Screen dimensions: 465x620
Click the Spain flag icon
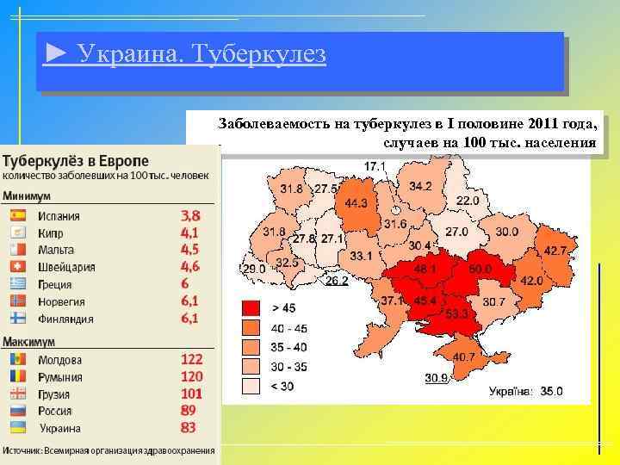click(17, 216)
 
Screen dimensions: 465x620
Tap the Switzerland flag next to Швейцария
click(17, 267)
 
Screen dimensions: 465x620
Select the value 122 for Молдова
click(192, 359)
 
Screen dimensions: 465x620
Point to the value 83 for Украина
click(189, 427)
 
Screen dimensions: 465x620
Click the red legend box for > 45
click(251, 307)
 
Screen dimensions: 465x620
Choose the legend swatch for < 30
click(251, 386)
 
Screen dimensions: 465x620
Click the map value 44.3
click(356, 203)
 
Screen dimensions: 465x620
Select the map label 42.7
click(556, 251)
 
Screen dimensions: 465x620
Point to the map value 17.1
click(375, 165)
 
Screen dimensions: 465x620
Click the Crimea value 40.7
click(463, 357)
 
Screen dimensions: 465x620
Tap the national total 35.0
click(551, 391)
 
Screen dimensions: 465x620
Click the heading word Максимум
click(29, 341)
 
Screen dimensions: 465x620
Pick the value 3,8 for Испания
click(190, 215)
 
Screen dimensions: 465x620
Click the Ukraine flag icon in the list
click(17, 427)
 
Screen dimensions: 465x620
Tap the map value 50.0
click(480, 270)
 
